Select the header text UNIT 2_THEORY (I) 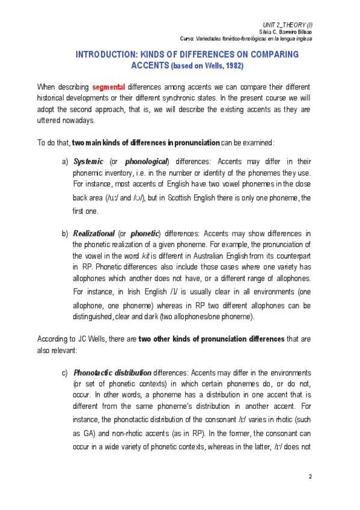point(293,22)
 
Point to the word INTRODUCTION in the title point(107,54)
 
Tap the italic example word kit point(145,255)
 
